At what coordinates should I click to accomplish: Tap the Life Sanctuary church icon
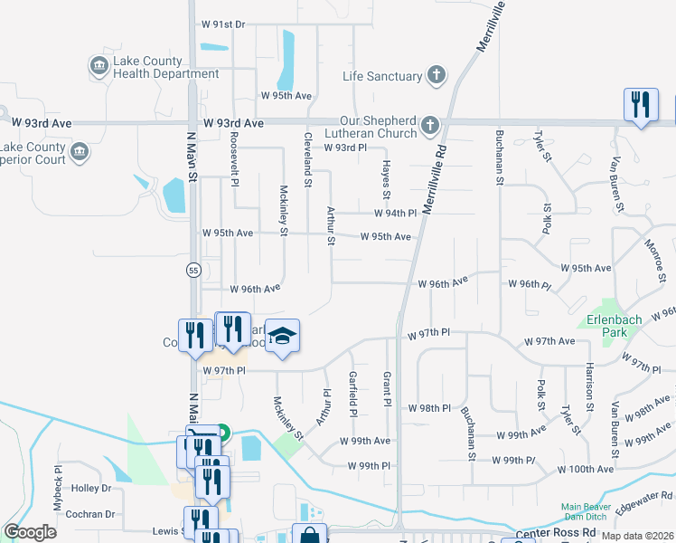coord(437,76)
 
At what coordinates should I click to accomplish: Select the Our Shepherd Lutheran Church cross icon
coord(430,126)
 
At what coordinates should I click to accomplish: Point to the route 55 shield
coord(193,270)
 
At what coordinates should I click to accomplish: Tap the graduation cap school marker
coord(283,338)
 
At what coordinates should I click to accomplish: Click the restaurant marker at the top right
coord(641,105)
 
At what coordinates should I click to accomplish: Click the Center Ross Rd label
coord(557,533)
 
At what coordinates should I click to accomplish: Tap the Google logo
coord(30,532)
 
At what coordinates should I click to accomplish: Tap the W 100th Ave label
coord(586,469)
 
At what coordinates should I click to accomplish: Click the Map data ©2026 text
coord(636,536)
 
